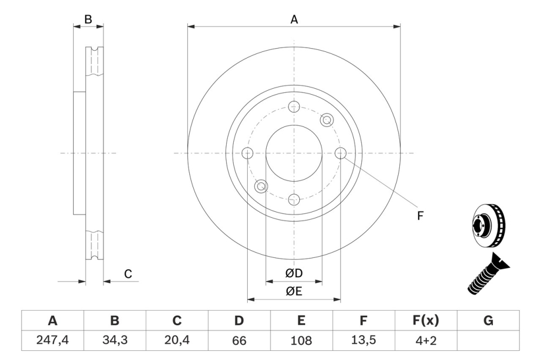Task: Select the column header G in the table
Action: tap(488, 321)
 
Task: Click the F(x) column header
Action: tap(426, 321)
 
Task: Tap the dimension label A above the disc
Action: tap(294, 19)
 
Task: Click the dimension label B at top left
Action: tap(88, 19)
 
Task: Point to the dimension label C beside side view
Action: tap(128, 274)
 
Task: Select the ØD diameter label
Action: tap(294, 274)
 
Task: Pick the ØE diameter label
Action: tap(294, 291)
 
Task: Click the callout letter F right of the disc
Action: tap(420, 216)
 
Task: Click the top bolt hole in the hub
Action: tap(294, 106)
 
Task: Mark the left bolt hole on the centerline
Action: tap(248, 154)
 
